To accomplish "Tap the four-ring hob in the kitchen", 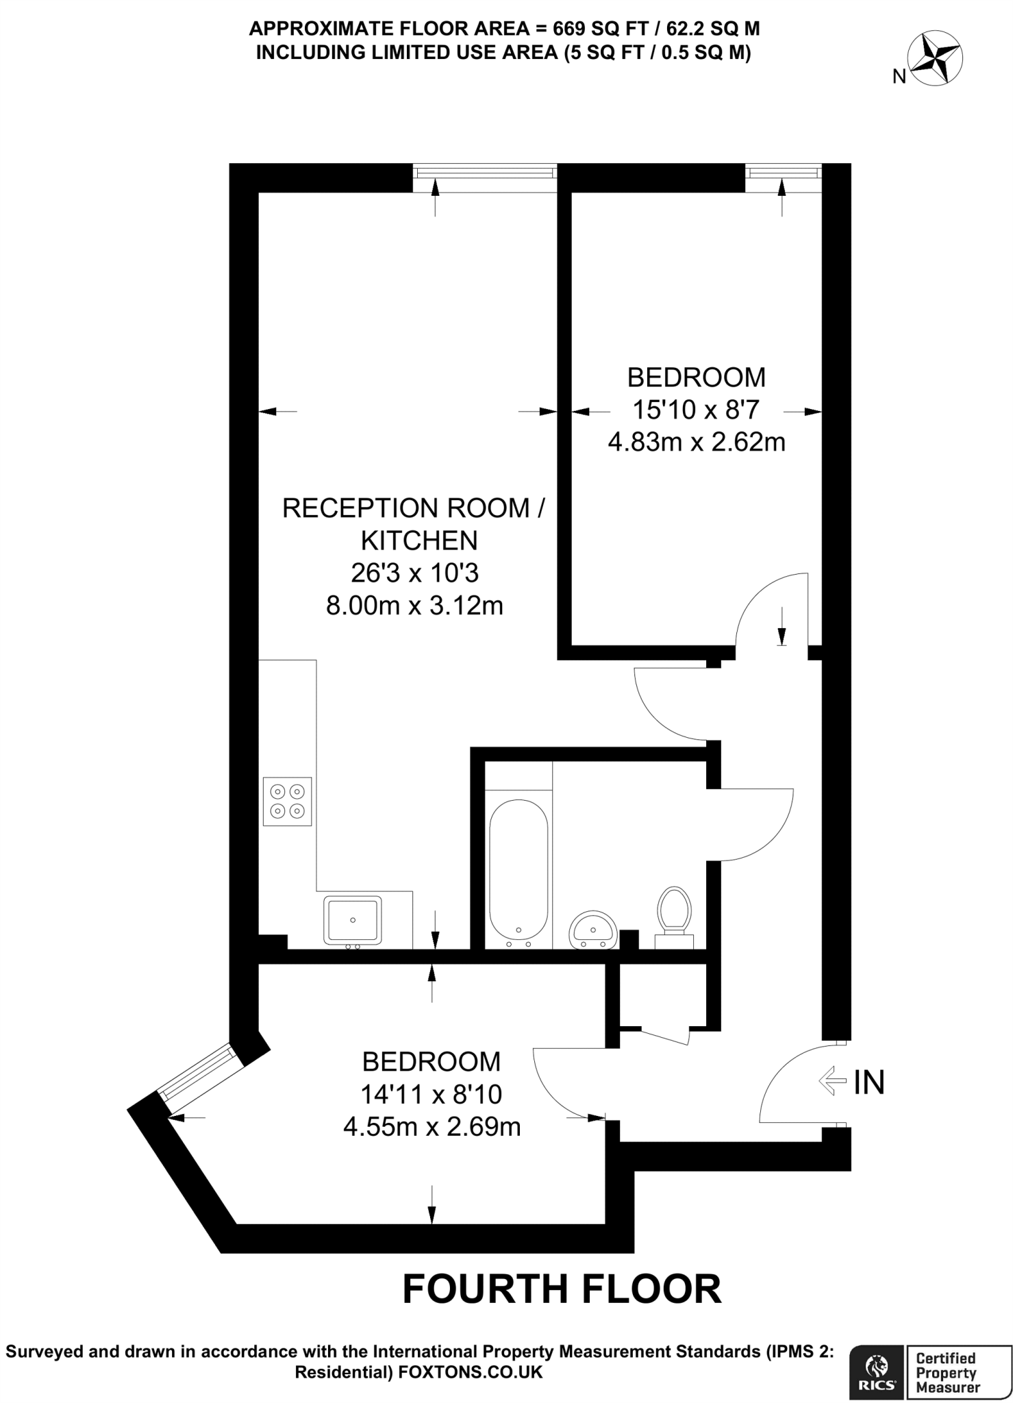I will [x=287, y=801].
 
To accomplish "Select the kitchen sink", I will [x=353, y=920].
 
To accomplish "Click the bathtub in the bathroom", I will [x=518, y=871].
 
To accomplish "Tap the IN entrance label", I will [x=868, y=1082].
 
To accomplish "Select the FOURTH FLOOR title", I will [x=562, y=1289].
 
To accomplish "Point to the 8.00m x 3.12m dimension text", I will [x=414, y=606].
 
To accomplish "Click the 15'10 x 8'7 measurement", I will [x=696, y=410].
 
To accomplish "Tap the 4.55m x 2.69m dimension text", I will [x=432, y=1127].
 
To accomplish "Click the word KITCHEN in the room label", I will [x=418, y=541].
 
